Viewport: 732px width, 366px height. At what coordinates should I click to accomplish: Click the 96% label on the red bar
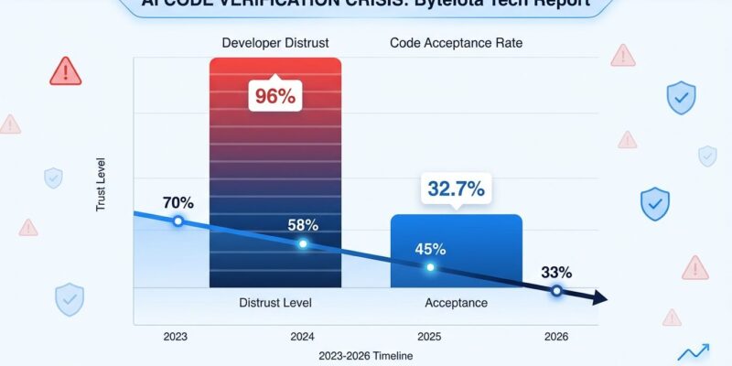click(274, 97)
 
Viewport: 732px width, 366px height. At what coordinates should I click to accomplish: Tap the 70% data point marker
click(178, 221)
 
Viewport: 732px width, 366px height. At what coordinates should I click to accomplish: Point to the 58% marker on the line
click(303, 243)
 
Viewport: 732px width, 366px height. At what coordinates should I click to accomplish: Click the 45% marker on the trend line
click(430, 267)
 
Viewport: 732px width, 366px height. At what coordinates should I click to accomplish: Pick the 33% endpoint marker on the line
click(555, 290)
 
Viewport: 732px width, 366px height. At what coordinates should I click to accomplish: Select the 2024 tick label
click(302, 337)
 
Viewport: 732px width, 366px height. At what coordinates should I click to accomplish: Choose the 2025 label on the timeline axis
click(429, 337)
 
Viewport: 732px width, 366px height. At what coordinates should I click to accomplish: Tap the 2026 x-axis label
click(555, 337)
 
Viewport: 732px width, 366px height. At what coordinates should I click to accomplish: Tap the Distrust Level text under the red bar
click(275, 302)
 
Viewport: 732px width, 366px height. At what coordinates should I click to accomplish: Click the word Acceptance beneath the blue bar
click(456, 302)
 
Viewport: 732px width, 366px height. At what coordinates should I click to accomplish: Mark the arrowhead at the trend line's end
click(599, 298)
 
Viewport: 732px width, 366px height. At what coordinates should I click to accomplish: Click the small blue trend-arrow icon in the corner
click(694, 352)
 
